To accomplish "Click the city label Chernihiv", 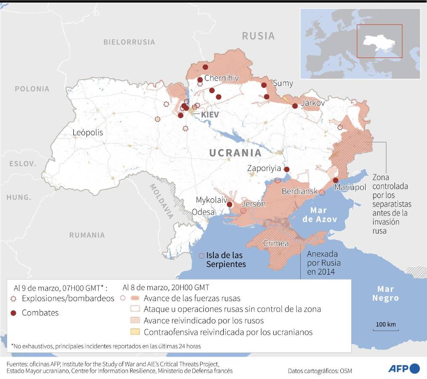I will coord(222,78).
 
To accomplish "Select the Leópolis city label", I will coord(88,132).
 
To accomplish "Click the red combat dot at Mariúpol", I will coord(336,180).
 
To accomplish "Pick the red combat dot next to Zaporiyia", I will coord(287,169).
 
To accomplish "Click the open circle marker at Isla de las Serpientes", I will coord(201,256).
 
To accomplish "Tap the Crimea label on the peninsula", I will coord(276,243).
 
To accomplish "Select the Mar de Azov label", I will coord(320,214).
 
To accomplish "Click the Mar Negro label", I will coord(385,294).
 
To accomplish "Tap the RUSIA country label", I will coord(258,36).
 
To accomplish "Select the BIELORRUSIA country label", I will coord(129,42).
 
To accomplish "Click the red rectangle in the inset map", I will coord(379,41).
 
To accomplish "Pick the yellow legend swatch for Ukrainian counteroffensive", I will coord(135,332).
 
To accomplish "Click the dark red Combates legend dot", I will coord(13,313).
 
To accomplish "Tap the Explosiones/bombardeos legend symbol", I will coord(13,299).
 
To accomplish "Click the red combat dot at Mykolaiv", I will coord(230,205).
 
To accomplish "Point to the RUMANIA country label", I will coord(87,235).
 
